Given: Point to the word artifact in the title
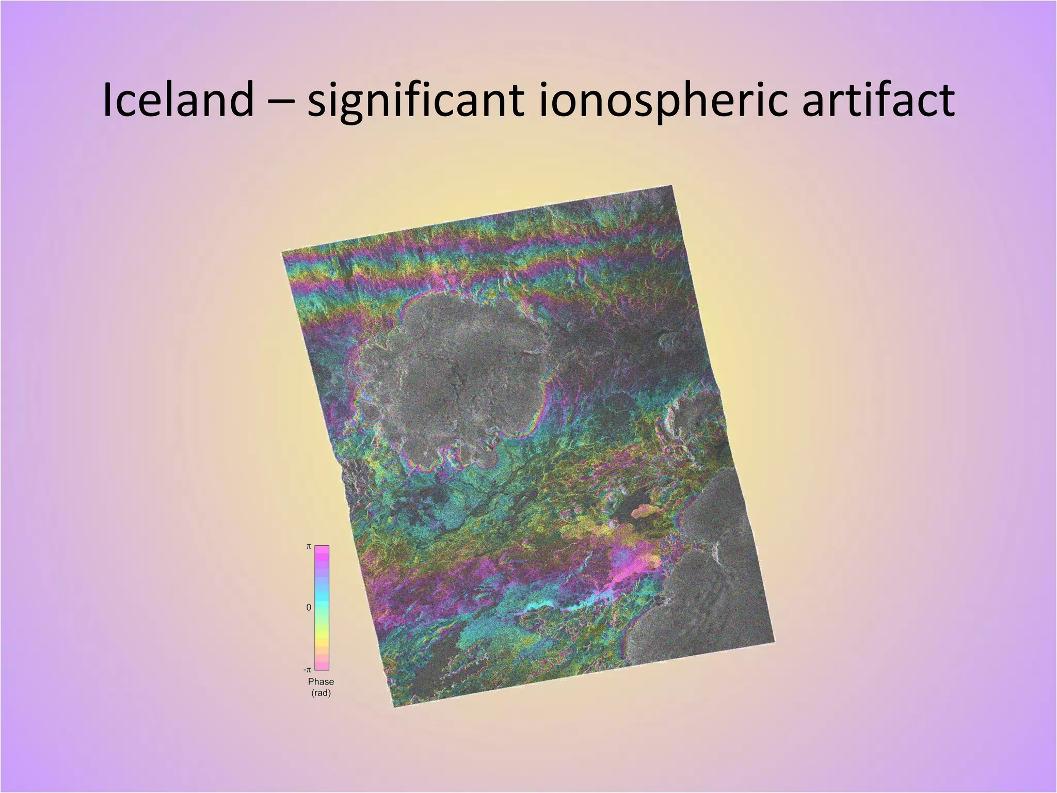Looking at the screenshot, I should pyautogui.click(x=877, y=100).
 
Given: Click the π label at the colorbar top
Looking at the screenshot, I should pyautogui.click(x=309, y=546).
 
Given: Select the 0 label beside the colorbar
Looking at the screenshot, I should pyautogui.click(x=309, y=608).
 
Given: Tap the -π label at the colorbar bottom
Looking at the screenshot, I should pyautogui.click(x=308, y=670).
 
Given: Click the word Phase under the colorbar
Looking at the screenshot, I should pyautogui.click(x=321, y=681).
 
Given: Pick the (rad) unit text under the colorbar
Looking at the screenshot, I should pyautogui.click(x=321, y=693).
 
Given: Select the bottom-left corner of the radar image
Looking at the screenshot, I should pyautogui.click(x=395, y=706).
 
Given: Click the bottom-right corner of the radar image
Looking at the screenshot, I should pyautogui.click(x=774, y=642).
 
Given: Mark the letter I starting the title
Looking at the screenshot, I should pyautogui.click(x=107, y=100).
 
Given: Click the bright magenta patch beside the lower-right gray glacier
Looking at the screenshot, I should pyautogui.click(x=632, y=565).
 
